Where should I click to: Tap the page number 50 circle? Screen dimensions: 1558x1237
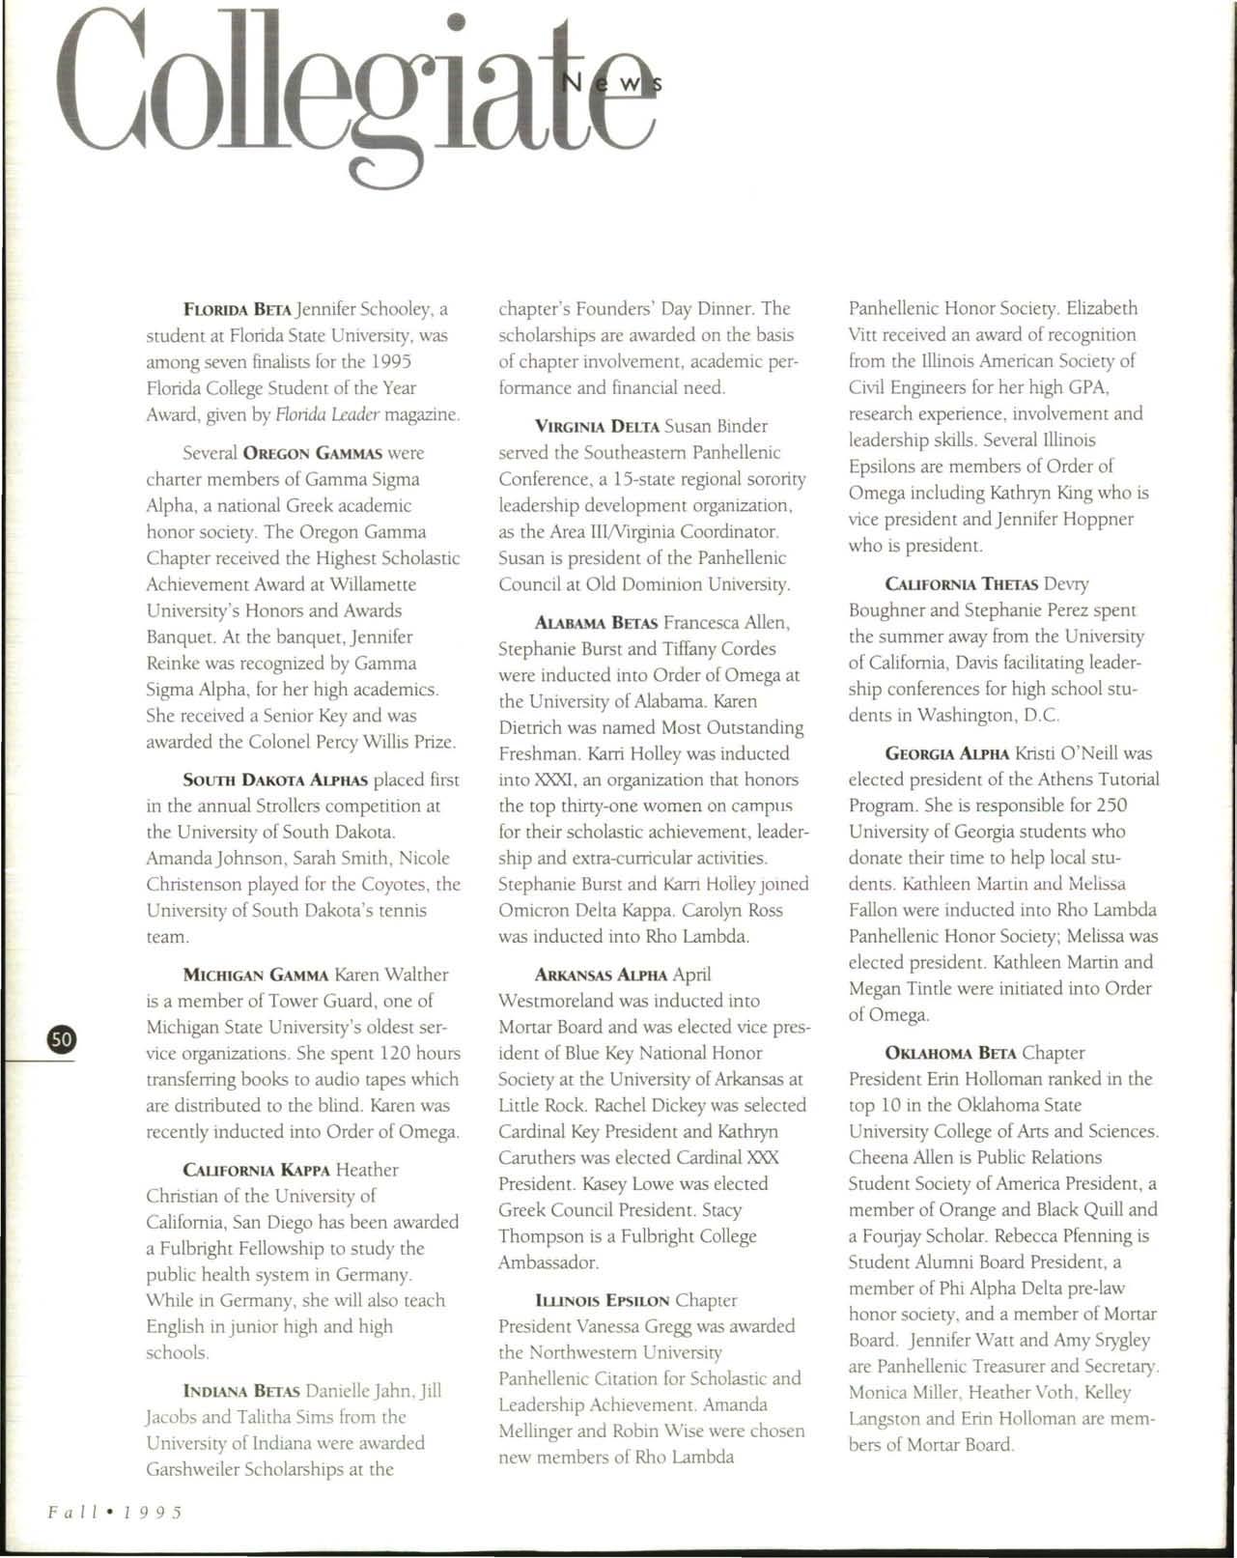61,1038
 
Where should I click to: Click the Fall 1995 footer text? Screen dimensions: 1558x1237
115,1511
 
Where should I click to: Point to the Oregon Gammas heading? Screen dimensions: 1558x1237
313,453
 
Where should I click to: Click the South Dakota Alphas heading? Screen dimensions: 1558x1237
275,780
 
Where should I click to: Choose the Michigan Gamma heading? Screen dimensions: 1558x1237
256,975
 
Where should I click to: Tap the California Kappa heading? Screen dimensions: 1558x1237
257,1170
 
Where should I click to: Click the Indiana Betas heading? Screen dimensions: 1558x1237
241,1391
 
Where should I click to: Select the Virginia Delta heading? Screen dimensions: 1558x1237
597,426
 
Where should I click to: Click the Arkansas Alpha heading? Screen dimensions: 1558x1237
601,975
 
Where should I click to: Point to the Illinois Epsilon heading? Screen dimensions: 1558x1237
602,1301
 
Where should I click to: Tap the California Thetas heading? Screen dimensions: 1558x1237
961,584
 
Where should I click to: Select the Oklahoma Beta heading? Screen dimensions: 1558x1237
949,1053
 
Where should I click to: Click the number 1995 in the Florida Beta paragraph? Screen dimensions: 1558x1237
390,362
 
